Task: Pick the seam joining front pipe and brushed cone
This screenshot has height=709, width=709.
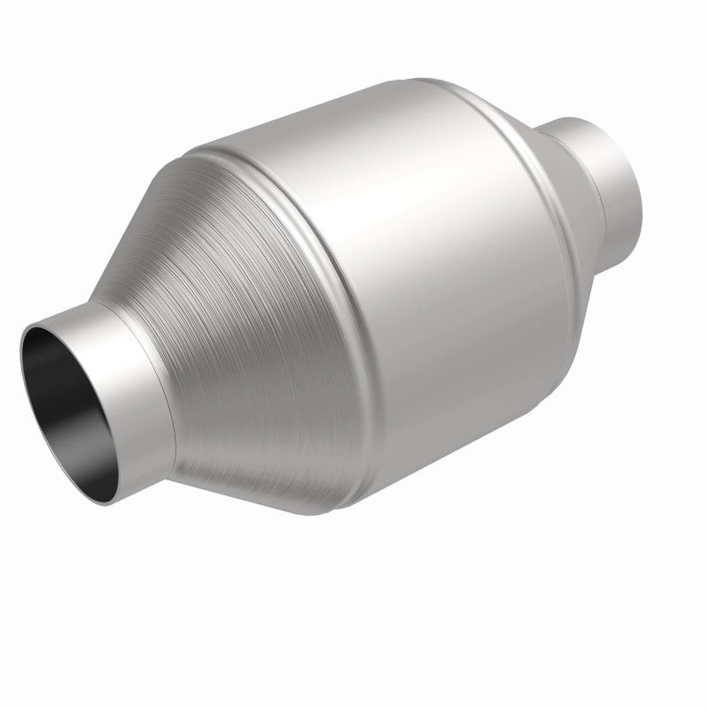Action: click(168, 381)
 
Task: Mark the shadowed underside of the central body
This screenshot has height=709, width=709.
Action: click(443, 443)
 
